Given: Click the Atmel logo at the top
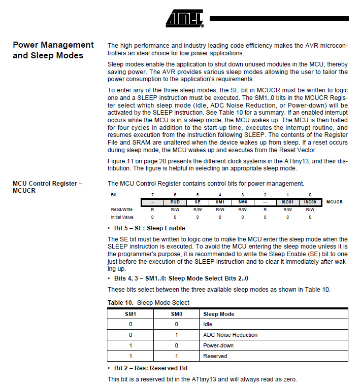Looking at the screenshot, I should (184, 19).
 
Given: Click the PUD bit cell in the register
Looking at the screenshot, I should (175, 202).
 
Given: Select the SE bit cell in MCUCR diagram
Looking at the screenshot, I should (198, 202).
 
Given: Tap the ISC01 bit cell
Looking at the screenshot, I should (287, 202).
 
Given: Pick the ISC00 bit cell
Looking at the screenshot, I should (310, 202).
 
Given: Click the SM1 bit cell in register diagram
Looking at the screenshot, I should (220, 202).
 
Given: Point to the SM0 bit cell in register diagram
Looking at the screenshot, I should (242, 202).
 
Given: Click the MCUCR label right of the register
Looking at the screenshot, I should (334, 202).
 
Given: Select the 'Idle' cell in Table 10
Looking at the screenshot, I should (208, 324).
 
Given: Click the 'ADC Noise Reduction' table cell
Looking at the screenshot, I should (230, 335).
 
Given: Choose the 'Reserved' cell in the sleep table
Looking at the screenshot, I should (215, 356).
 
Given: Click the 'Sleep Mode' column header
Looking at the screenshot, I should (218, 314).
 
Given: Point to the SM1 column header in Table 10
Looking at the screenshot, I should (130, 314).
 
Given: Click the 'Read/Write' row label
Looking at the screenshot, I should (121, 209).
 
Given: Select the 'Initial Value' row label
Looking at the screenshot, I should (121, 217).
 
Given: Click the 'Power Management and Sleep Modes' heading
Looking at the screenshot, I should (53, 50).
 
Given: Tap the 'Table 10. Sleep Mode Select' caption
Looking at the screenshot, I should (148, 303).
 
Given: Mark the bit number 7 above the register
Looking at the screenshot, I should (153, 195).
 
